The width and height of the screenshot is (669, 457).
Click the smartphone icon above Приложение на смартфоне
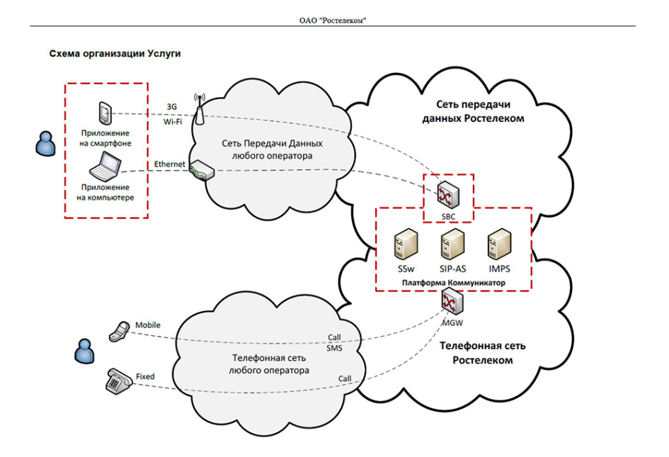[x=105, y=113]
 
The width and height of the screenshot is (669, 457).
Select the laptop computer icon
[x=105, y=167]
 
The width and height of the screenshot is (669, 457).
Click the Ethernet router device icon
[x=202, y=170]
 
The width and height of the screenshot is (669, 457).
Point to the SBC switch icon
[x=448, y=195]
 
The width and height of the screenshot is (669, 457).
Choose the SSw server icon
[x=406, y=244]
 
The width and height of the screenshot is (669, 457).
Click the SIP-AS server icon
[x=452, y=244]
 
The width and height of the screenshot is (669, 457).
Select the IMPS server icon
[x=499, y=244]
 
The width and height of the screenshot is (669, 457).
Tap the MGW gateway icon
[x=452, y=303]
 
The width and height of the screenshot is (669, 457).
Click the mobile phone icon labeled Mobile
[x=119, y=332]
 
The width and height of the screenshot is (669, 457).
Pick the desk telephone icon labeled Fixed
[x=119, y=381]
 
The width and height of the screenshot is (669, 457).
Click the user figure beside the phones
[x=84, y=351]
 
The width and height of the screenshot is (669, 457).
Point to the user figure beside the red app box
[x=45, y=144]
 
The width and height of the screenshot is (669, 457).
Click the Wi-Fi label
[x=173, y=122]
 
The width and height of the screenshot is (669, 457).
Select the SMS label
[x=334, y=348]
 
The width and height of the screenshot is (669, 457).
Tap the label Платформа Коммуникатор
[x=454, y=283]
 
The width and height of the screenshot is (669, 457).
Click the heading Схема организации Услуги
[x=115, y=54]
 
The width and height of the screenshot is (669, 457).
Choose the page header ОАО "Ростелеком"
[x=333, y=20]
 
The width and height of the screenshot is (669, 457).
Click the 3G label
[x=171, y=107]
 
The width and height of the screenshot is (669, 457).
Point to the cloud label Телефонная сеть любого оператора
[x=269, y=364]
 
